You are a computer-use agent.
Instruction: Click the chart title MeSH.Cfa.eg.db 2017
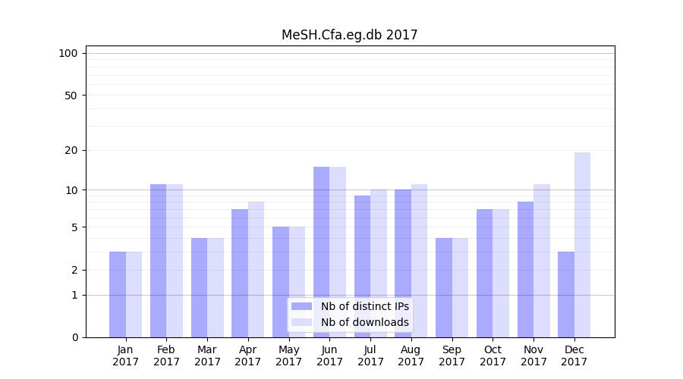[349, 35]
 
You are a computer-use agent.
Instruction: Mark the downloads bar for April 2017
[256, 269]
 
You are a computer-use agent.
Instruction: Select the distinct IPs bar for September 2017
[444, 287]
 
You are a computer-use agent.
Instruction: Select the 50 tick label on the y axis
[71, 96]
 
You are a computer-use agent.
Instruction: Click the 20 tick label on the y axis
[71, 150]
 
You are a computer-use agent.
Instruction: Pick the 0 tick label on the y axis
[74, 337]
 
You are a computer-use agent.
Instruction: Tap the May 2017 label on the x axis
[288, 356]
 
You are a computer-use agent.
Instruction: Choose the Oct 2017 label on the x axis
[493, 356]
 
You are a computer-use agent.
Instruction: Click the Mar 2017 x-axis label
[207, 356]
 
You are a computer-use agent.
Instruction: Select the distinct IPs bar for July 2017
[362, 266]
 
